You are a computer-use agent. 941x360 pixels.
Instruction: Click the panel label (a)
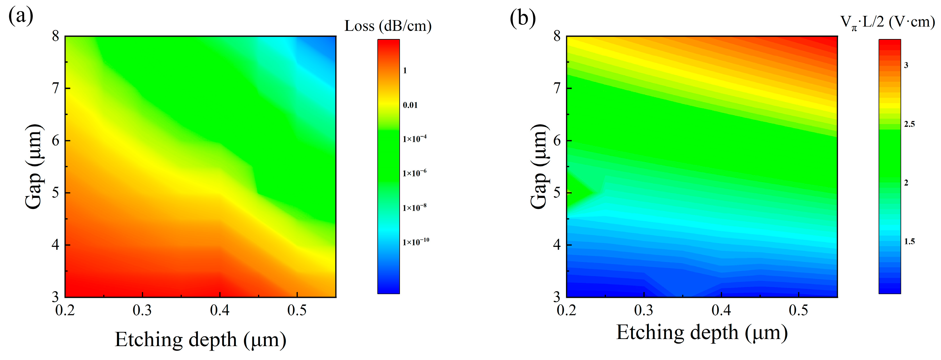[x=21, y=16]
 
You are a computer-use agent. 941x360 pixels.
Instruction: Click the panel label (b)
[x=522, y=18]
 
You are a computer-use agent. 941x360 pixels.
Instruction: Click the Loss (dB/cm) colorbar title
[x=388, y=26]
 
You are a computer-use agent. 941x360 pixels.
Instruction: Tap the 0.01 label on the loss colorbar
[x=410, y=105]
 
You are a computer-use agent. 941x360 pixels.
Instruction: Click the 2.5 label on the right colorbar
[x=909, y=124]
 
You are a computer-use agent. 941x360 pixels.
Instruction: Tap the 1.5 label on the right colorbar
[x=909, y=242]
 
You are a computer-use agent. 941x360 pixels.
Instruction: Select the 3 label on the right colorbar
[x=906, y=65]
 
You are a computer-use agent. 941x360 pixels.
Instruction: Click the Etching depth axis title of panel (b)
[x=702, y=333]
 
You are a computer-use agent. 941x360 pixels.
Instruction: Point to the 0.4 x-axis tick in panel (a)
[x=219, y=310]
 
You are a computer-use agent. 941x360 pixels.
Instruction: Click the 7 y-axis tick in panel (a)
[x=55, y=88]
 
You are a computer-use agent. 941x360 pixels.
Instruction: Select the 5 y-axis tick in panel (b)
[x=557, y=193]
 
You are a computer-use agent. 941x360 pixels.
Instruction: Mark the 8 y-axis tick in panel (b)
[x=557, y=36]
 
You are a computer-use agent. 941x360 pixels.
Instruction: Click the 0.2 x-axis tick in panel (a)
[x=65, y=310]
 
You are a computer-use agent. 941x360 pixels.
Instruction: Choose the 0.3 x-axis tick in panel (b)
[x=644, y=310]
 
